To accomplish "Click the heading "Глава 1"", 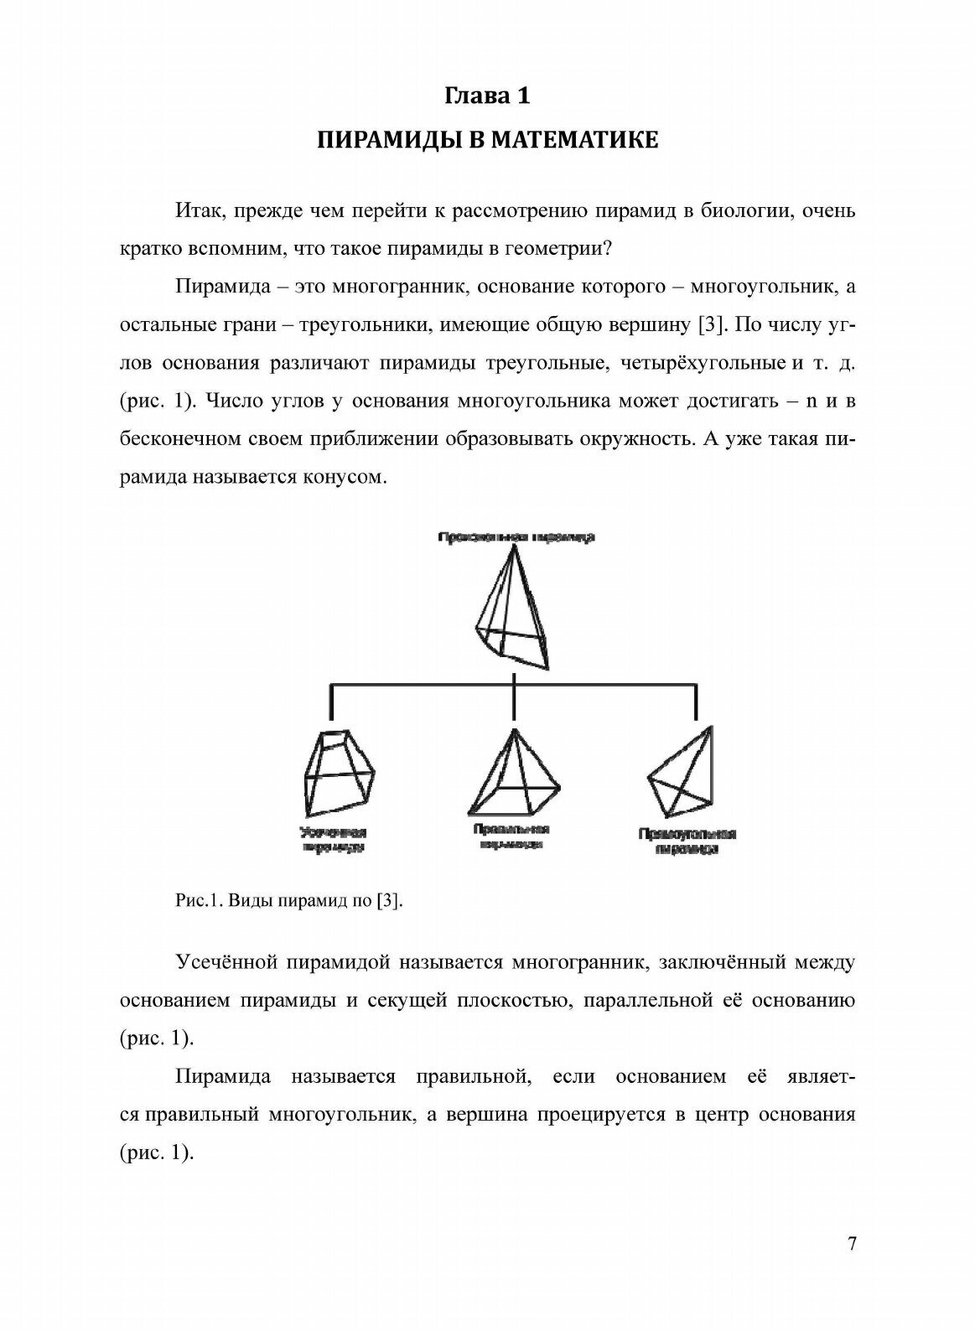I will (x=487, y=96).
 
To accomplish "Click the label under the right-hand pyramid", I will (x=687, y=841).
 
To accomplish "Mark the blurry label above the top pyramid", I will (x=516, y=537).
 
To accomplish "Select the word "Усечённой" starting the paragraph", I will (x=227, y=962).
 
